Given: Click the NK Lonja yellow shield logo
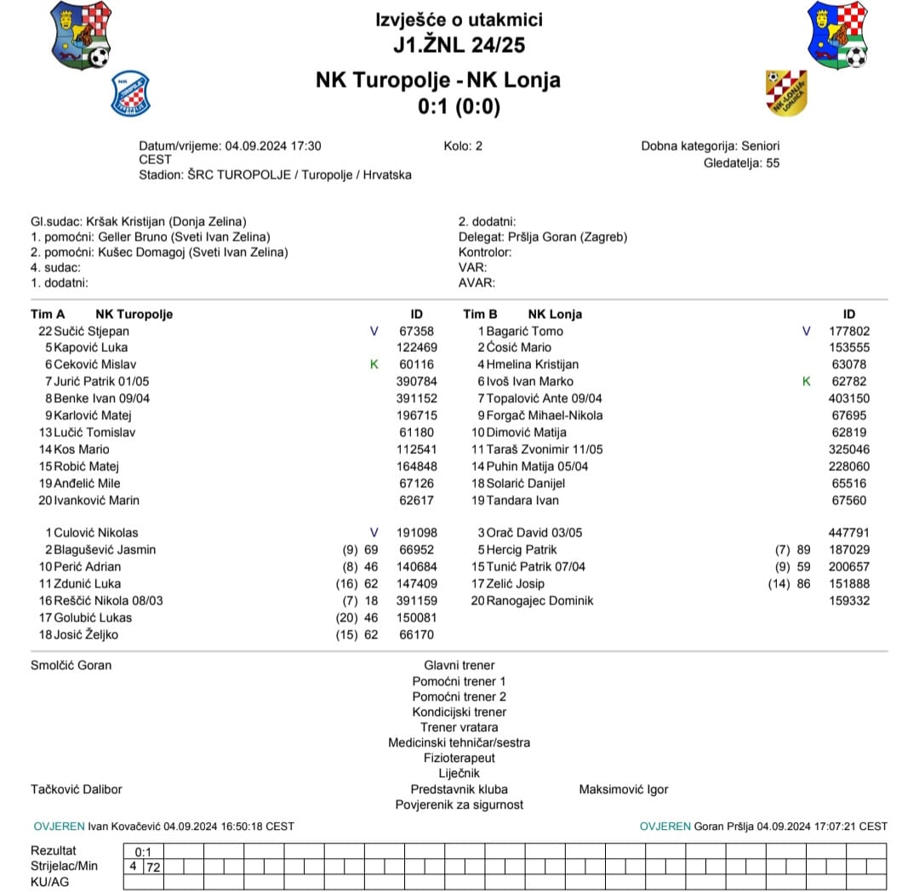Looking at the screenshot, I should pos(787,92).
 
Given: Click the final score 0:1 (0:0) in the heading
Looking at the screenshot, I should pos(459,106).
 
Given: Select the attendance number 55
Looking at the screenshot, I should pos(772,162).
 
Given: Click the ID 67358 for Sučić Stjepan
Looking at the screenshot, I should pos(416,331).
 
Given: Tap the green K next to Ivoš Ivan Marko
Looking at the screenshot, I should pos(807,381).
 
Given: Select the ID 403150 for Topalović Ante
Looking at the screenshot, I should pos(849,398).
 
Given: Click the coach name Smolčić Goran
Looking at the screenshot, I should pos(71,665).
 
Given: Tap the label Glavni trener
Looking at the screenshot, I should pos(459,665).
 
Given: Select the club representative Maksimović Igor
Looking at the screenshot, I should pos(623,789).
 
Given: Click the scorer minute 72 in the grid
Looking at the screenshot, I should pos(154,866).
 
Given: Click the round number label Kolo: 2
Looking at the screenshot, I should pos(463,145).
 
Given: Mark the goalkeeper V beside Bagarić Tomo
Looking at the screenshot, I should pos(807,331).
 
